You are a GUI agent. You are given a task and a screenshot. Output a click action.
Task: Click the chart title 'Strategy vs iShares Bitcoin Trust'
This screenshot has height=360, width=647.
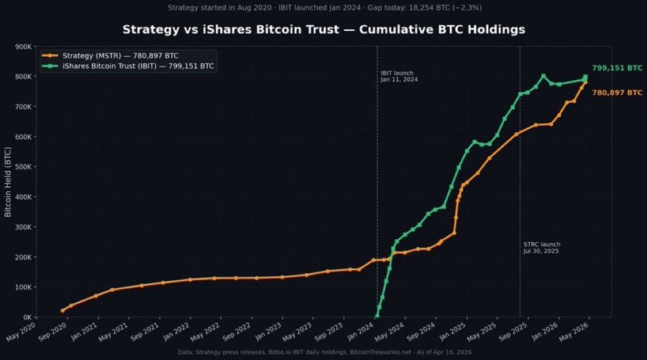coord(323,29)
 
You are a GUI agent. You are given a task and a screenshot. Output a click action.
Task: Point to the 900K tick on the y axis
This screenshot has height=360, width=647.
coord(22,47)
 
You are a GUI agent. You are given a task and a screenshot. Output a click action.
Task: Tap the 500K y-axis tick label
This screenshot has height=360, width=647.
coord(22,167)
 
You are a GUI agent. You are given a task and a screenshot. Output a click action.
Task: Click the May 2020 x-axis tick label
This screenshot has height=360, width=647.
coord(20,333)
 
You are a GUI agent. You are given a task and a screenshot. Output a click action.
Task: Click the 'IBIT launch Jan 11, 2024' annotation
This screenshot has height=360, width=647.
coord(399,76)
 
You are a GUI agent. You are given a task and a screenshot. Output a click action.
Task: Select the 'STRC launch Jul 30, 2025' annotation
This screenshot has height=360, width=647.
coord(541,248)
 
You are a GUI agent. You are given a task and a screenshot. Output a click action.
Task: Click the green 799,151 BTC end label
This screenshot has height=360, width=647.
coord(617,68)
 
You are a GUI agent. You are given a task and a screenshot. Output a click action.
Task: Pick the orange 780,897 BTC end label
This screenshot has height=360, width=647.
coord(617,93)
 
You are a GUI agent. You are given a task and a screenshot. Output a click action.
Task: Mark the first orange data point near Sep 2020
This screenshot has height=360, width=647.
coord(63,310)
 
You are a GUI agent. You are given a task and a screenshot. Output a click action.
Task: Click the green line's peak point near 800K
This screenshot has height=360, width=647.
coord(543,75)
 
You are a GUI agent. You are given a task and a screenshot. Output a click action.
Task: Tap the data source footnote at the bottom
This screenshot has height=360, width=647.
coord(323,351)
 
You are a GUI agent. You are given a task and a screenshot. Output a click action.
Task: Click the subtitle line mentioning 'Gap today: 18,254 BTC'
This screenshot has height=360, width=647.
coord(323,8)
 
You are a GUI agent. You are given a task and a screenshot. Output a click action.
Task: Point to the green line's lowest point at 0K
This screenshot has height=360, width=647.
coord(377,316)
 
